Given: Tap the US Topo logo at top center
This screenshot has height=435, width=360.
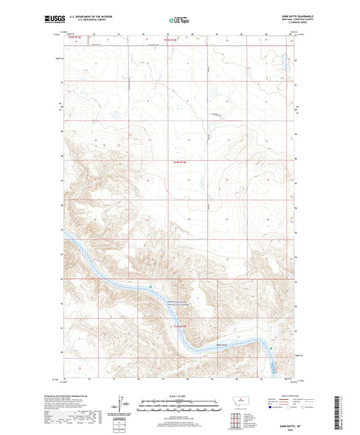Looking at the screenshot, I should point(179,21).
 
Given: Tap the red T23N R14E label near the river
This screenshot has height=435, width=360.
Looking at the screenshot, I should point(178,327).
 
